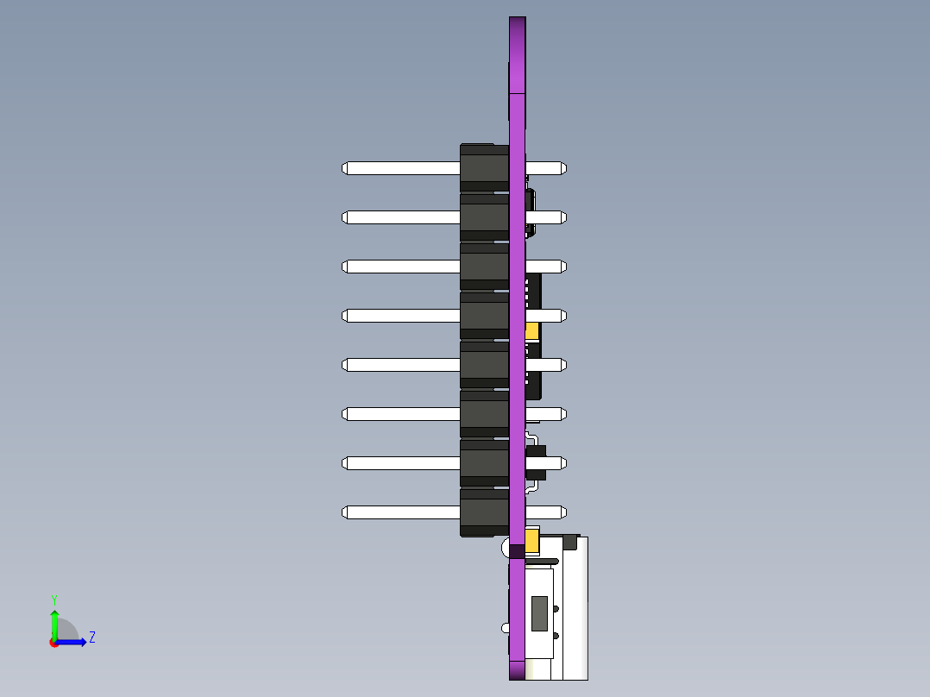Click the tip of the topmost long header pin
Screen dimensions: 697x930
(x=345, y=168)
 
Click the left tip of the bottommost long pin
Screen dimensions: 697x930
(x=345, y=512)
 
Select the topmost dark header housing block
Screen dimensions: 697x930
(x=484, y=166)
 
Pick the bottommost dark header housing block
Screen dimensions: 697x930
(x=484, y=513)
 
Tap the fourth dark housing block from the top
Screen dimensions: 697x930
(x=484, y=316)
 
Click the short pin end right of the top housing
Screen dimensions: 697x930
(x=563, y=168)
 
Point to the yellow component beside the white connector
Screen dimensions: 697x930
(x=532, y=541)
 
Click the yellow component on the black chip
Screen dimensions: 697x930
(x=532, y=330)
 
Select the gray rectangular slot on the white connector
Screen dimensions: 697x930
(x=540, y=612)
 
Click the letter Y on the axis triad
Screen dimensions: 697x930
(x=53, y=600)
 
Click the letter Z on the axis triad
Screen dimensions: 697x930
(x=91, y=637)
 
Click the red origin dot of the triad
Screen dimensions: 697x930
(x=54, y=643)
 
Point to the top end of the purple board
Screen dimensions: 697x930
(x=517, y=20)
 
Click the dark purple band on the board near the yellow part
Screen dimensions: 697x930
(x=517, y=551)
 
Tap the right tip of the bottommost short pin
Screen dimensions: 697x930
(x=563, y=512)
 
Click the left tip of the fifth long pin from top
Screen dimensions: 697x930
(x=345, y=365)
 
